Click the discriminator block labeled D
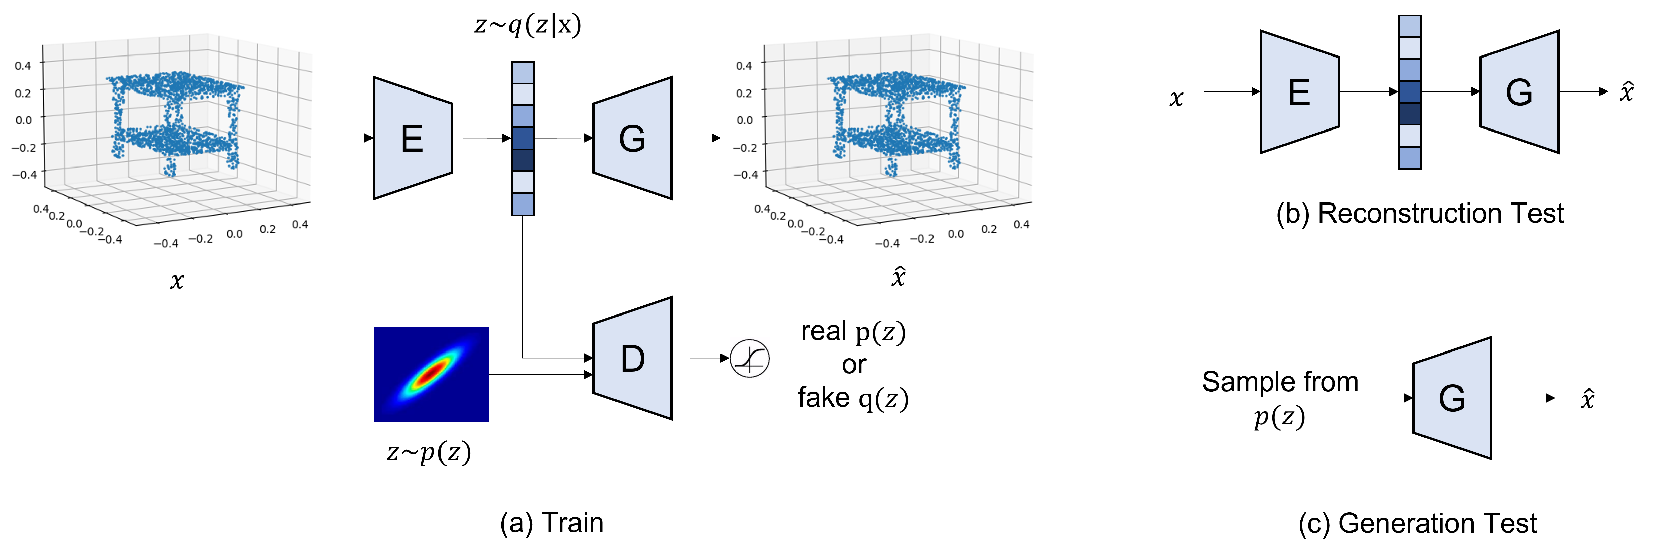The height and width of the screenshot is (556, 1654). pos(632,358)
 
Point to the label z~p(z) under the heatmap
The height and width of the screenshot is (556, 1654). pos(429,451)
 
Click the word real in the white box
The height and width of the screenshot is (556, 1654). pos(824,331)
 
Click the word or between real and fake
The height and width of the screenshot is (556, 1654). pos(854,365)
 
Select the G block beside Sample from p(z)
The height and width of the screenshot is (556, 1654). pos(1452,398)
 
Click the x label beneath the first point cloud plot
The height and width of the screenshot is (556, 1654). pos(177,280)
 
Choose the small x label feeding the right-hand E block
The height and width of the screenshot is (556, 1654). pos(1176,97)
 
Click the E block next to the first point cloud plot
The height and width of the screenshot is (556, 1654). pos(412,138)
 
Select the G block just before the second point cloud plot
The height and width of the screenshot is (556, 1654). pos(632,138)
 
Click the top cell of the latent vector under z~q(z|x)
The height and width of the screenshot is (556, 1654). pos(523,73)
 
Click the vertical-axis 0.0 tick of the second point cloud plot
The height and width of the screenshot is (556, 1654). pos(745,120)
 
